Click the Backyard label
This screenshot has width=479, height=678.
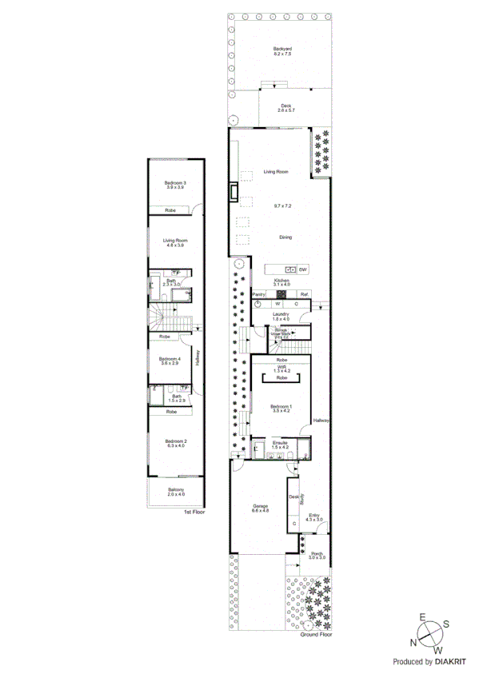coord(282,49)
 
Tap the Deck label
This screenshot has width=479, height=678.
coord(286,105)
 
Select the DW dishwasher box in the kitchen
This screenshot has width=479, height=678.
coord(304,269)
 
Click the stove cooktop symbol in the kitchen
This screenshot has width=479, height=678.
coord(281,294)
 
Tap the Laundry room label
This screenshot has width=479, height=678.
coord(280,314)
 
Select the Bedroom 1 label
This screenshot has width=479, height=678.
coord(281,408)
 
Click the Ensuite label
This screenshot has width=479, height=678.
coord(280,442)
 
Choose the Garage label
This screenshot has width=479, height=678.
coord(261,506)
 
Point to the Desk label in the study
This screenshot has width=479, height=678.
coord(293,497)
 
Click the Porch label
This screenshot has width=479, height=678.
coord(317,553)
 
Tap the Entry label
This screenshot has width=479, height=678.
coord(315,516)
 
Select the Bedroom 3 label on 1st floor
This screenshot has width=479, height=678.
coord(175,183)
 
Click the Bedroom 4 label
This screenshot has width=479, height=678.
coord(170,359)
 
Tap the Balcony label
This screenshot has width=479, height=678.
coord(175,489)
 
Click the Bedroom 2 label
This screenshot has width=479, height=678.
coord(175,441)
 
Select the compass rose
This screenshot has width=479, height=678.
coord(429,632)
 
